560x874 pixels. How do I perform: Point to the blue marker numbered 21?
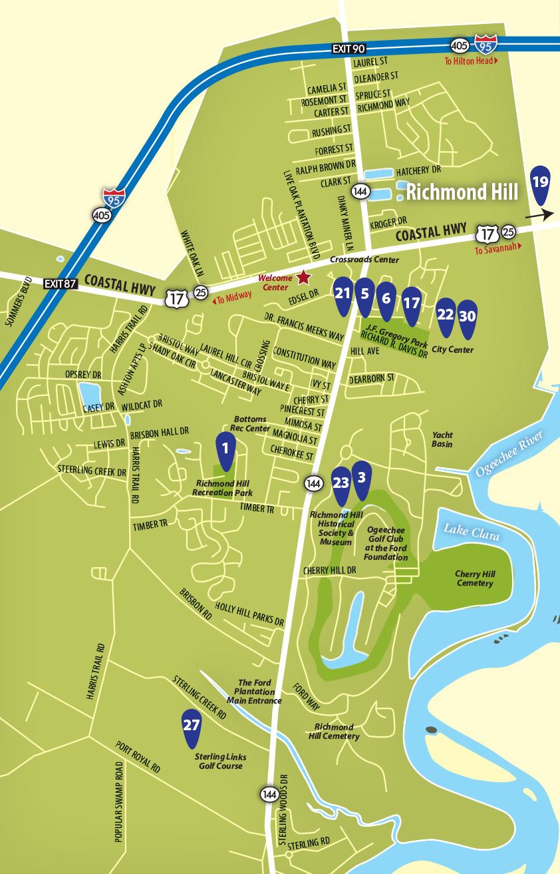pyautogui.click(x=343, y=295)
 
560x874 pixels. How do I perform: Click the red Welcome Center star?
pyautogui.click(x=304, y=276)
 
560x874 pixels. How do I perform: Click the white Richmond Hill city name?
pyautogui.click(x=462, y=193)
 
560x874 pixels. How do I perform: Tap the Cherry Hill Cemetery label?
pyautogui.click(x=474, y=578)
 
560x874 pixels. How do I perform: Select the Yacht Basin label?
pyautogui.click(x=442, y=439)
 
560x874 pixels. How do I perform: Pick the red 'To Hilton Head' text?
pyautogui.click(x=470, y=61)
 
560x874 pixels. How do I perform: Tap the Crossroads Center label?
pyautogui.click(x=366, y=260)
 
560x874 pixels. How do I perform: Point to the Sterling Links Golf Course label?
pyautogui.click(x=219, y=762)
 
